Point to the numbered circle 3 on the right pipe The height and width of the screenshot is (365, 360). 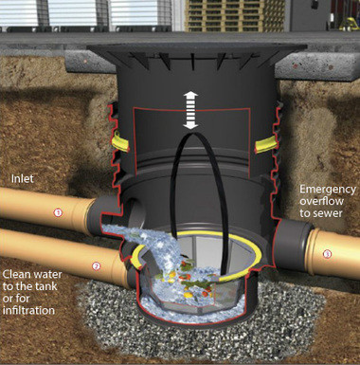point(327,253)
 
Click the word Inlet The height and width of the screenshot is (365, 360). point(22,176)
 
